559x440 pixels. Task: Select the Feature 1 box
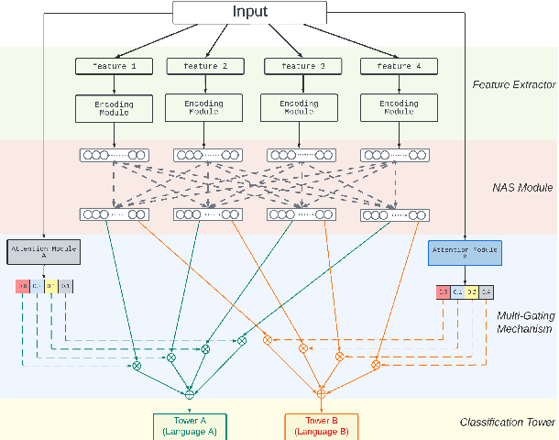point(114,66)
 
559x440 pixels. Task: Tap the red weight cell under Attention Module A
point(23,286)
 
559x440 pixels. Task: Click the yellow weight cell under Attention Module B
point(471,292)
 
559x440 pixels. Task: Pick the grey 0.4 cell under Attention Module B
point(487,292)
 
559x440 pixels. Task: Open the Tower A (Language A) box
point(190,425)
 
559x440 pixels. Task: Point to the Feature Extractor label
point(513,85)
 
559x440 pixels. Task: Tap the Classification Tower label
point(507,423)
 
